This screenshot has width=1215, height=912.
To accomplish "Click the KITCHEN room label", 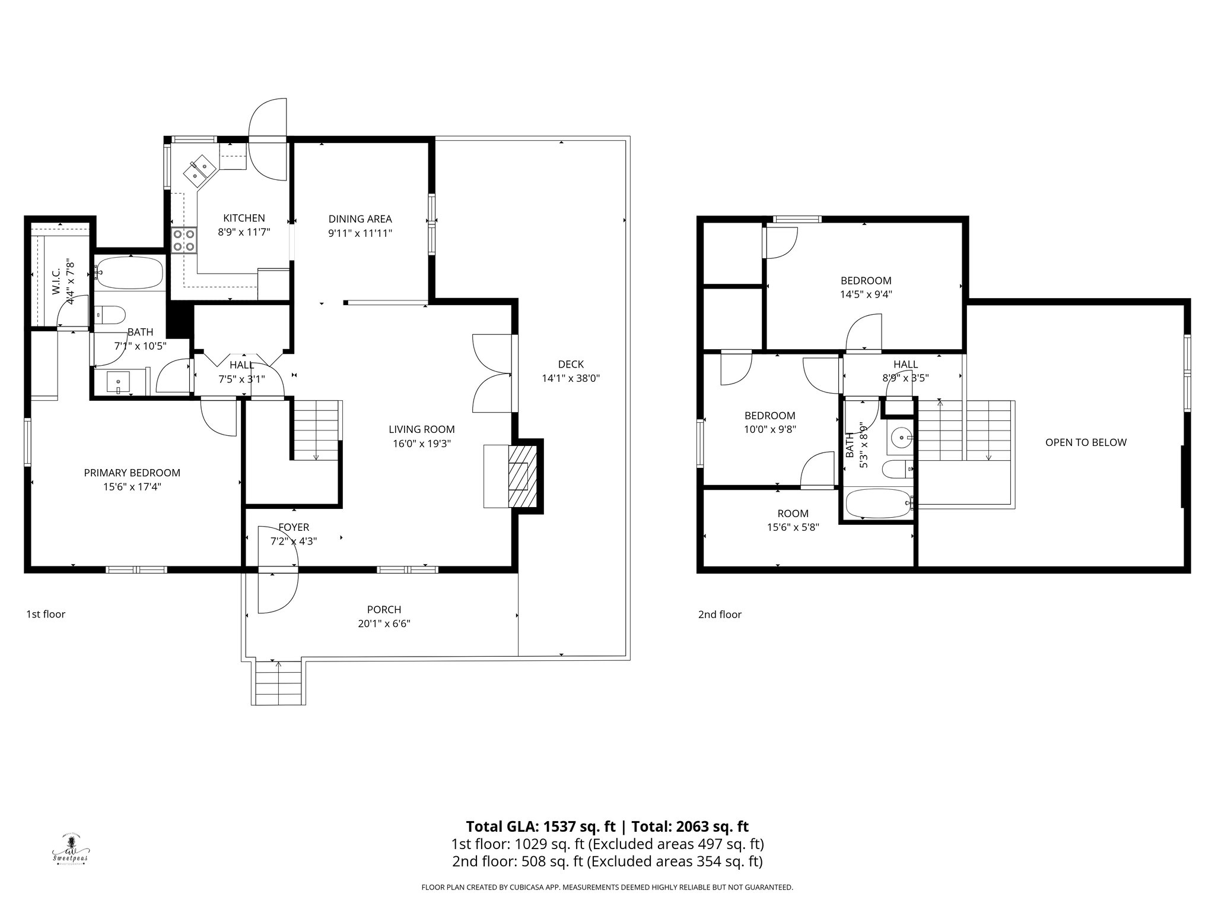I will pos(244,218).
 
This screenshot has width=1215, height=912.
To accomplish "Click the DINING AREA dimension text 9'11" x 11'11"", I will pos(360,233).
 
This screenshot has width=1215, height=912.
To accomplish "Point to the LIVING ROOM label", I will pos(421,429).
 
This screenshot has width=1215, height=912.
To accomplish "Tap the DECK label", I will pos(571,364).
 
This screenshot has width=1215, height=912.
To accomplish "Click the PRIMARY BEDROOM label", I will pos(132,473).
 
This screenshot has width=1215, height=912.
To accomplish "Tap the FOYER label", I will pos(294,527).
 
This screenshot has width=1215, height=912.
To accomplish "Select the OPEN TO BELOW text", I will pos(1085,442).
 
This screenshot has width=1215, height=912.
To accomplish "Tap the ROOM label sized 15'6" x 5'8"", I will pos(793,514).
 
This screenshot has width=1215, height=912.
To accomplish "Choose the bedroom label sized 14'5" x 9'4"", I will pos(866,281).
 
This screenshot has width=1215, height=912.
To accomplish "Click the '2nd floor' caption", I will pos(720,615).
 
